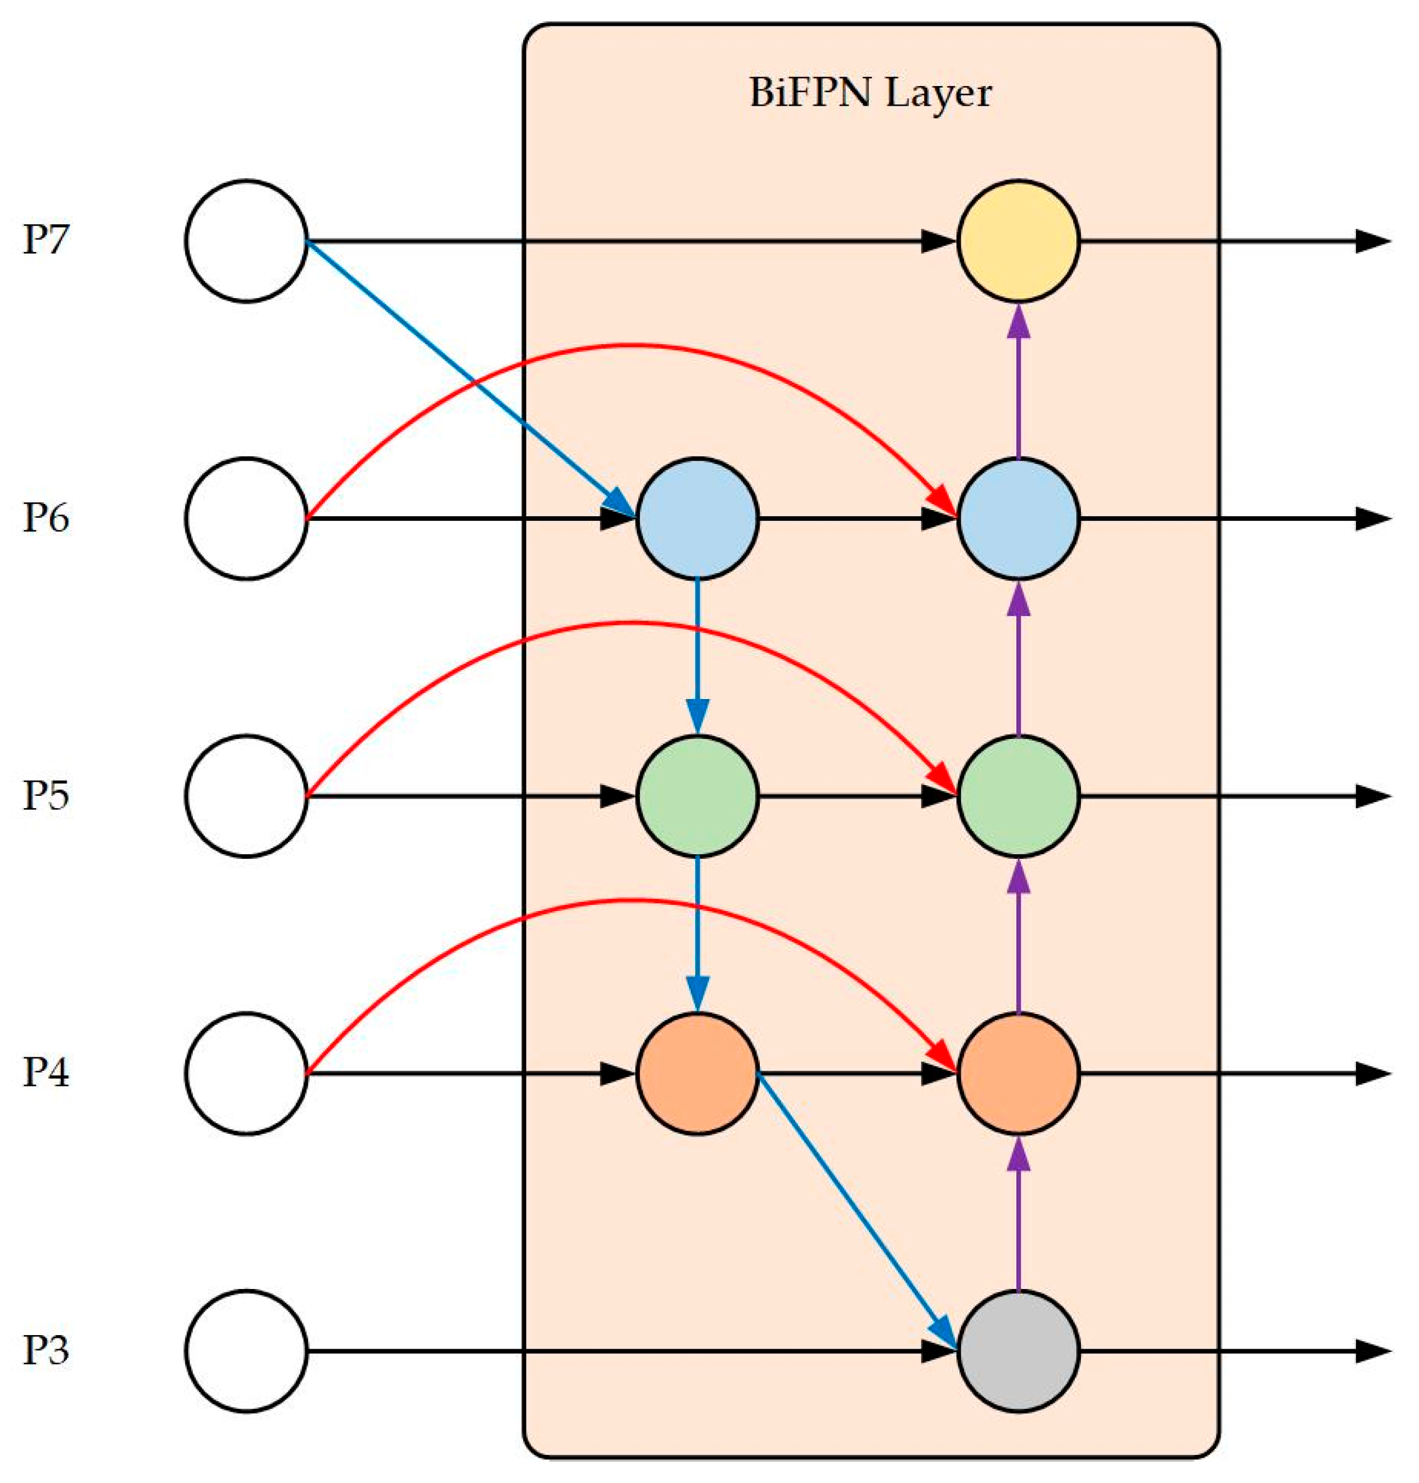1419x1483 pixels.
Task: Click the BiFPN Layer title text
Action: click(x=870, y=94)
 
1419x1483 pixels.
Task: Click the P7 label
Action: click(x=46, y=241)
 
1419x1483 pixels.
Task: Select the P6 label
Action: click(x=46, y=518)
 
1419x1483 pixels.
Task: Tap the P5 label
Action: click(x=46, y=796)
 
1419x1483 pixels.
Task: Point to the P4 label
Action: click(x=46, y=1072)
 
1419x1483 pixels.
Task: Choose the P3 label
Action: click(x=46, y=1350)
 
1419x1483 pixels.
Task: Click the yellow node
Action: click(x=1018, y=241)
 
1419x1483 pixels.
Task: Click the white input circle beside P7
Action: click(x=246, y=241)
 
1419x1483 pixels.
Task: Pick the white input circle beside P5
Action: click(x=246, y=796)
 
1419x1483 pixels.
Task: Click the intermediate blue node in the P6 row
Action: click(x=697, y=519)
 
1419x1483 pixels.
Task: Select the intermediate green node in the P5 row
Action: click(x=697, y=796)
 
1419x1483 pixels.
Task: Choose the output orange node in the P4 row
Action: click(x=1018, y=1073)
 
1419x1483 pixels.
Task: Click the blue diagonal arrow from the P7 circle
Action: click(x=469, y=378)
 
